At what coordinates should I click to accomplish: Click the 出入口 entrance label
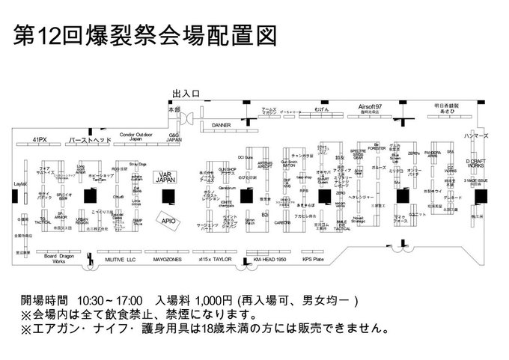click(186, 94)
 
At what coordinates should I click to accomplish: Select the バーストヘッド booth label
click(89, 140)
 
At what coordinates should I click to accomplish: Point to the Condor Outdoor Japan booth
click(135, 138)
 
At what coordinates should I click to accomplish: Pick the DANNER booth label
click(221, 125)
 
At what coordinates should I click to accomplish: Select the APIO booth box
click(168, 221)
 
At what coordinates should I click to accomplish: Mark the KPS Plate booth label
click(313, 260)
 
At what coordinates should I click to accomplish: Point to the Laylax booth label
click(20, 183)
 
